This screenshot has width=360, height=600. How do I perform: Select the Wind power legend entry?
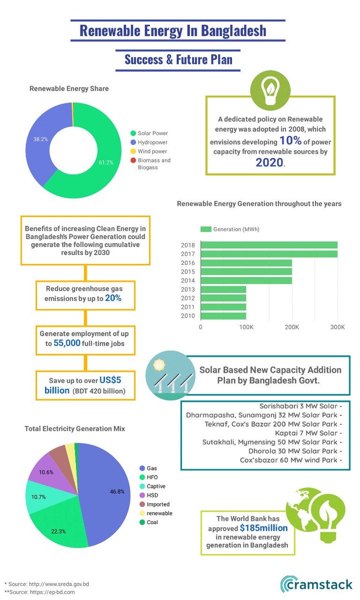coord(152,151)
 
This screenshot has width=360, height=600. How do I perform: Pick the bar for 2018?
coord(269,245)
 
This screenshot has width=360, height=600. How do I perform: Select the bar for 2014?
coord(246,280)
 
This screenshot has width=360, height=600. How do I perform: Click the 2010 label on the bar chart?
coord(188,316)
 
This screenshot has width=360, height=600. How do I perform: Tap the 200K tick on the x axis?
coord(291,327)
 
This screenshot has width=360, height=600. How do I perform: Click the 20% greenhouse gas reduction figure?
coord(113,298)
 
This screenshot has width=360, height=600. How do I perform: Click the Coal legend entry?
coord(153,522)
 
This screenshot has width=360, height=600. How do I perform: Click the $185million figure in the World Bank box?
coord(263,527)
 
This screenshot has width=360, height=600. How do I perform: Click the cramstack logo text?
coord(320,584)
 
